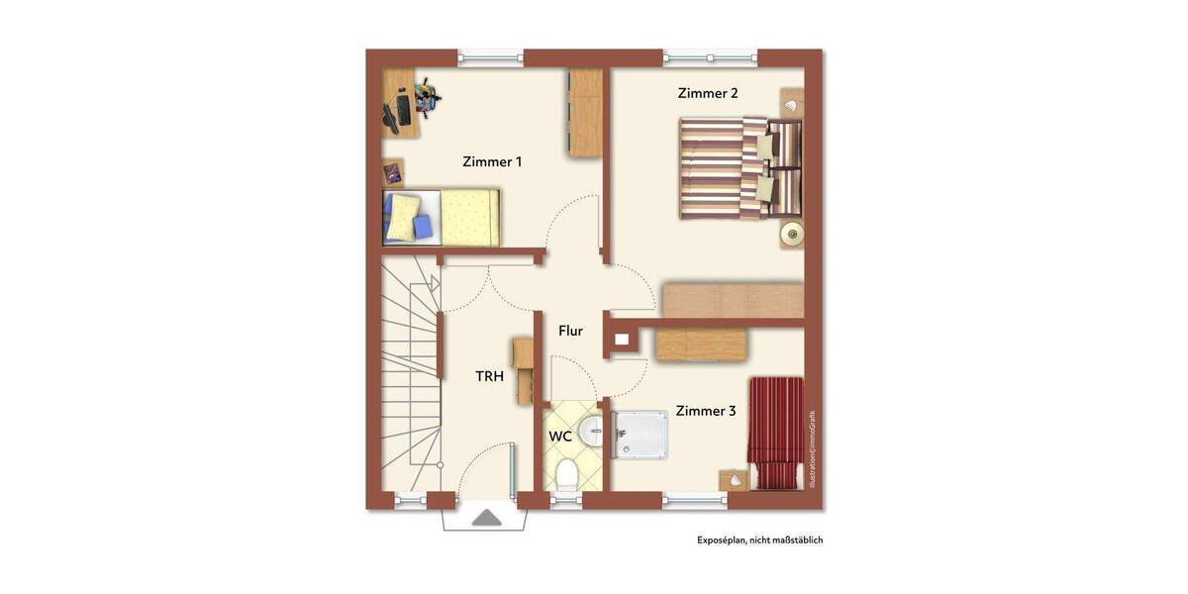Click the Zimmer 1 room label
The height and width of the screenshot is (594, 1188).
click(x=492, y=161)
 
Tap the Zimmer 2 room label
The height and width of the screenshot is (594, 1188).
click(x=708, y=93)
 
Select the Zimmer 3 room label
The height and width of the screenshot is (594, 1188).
click(x=706, y=411)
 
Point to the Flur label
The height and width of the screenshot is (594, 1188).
click(x=570, y=331)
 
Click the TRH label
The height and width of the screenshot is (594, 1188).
click(x=489, y=376)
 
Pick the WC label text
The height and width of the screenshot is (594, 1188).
click(x=559, y=436)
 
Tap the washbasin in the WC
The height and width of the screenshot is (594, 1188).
click(x=590, y=429)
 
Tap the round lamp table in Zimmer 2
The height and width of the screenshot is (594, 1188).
click(x=791, y=234)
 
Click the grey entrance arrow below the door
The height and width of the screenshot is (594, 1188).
click(x=486, y=518)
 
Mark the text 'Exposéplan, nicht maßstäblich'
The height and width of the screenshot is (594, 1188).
click(x=759, y=541)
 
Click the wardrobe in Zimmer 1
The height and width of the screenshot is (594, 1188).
click(x=584, y=112)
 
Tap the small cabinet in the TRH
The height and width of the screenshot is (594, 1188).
click(x=523, y=371)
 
